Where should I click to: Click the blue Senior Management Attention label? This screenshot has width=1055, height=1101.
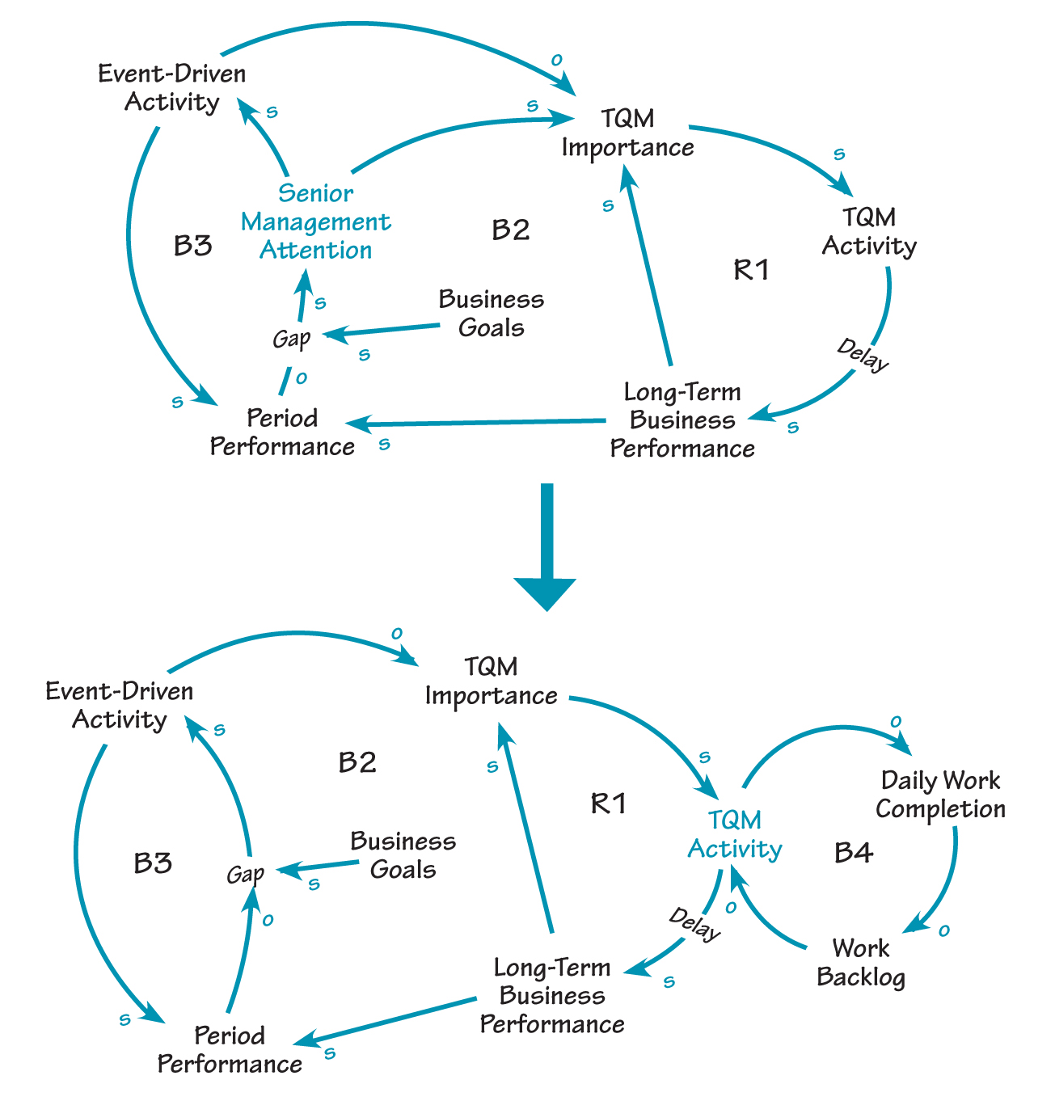coord(315,221)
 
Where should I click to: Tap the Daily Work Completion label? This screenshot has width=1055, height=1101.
coord(940,795)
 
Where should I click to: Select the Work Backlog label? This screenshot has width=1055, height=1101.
coord(861,962)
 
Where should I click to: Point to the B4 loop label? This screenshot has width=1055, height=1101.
coord(854,852)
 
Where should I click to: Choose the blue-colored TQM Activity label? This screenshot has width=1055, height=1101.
coord(735,834)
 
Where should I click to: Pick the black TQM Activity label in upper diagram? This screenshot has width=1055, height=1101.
coord(869,231)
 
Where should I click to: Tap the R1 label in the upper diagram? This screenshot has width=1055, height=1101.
coord(751,269)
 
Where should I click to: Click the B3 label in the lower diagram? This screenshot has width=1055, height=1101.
coord(153,863)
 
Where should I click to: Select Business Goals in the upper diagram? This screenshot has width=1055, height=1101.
coord(492,314)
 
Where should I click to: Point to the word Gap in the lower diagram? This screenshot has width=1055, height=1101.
coord(245,874)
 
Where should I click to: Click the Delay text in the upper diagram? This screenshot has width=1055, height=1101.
coord(863,356)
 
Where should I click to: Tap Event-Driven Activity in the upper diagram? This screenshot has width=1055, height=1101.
coord(172,88)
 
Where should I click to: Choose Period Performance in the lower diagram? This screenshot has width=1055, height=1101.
coord(230,1049)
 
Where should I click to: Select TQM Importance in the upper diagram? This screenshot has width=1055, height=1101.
coord(628,133)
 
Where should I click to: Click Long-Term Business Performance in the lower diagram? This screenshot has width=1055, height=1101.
coord(552,995)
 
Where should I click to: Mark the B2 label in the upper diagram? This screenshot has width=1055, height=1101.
coord(511,230)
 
